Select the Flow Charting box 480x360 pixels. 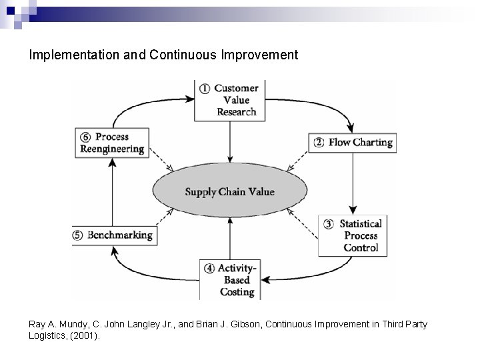pos(351,143)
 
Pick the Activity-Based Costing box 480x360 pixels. pos(229,279)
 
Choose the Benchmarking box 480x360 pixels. pos(113,235)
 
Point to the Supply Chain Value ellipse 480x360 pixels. pos(229,192)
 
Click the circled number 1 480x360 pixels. pos(204,89)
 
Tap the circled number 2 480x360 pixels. pos(319,143)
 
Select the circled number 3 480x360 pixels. pos(329,224)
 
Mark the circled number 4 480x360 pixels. pos(209,269)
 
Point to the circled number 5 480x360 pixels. pos(78,235)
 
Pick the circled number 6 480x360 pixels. pos(83,137)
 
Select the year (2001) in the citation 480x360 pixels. pos(87,336)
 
